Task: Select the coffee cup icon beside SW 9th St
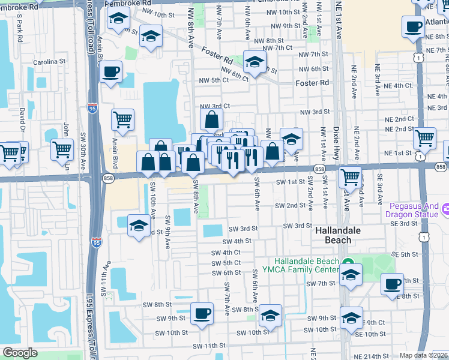tap(202, 313)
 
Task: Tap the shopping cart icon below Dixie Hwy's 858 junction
tap(350, 177)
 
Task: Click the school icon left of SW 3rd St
tap(139, 226)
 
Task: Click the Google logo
tap(20, 353)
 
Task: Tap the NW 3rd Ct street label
tap(215, 106)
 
